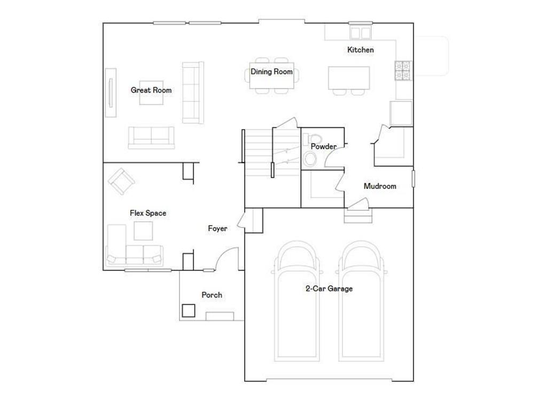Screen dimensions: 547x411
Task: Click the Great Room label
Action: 151,90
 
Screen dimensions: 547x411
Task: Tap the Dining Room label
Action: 272,72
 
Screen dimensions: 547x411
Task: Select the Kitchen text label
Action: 361,50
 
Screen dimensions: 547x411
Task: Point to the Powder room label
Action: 324,147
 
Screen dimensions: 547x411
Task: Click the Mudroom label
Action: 380,186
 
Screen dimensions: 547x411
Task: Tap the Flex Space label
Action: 148,213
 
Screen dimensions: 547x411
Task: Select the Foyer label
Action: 218,229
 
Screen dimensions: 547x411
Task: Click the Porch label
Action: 212,295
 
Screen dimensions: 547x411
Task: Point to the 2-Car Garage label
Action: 329,288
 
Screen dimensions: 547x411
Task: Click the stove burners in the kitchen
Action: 403,70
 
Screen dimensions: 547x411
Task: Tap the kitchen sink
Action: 361,33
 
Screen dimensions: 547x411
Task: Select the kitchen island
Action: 349,78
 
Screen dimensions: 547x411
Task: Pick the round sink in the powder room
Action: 309,159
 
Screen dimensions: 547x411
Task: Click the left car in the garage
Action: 296,301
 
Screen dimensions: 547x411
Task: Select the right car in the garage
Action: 361,301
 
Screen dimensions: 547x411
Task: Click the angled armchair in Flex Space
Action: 121,181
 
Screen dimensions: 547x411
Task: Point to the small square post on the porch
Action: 189,311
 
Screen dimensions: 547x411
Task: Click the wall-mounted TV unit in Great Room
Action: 111,93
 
